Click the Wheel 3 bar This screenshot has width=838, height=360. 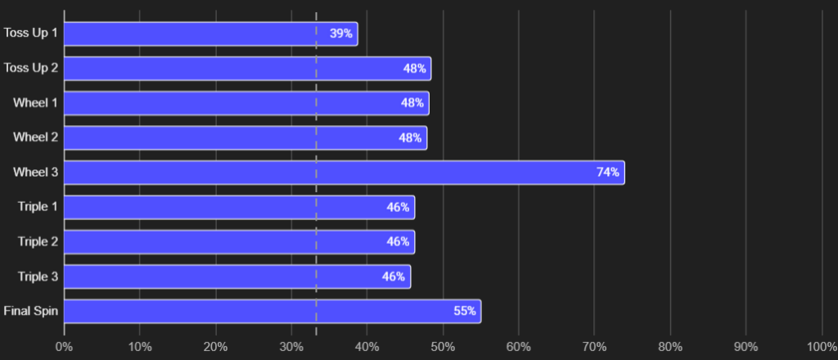345,173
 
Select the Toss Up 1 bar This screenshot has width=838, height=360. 210,34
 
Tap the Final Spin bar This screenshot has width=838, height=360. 273,312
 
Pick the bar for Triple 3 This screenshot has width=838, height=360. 237,277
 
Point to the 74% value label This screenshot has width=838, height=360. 608,173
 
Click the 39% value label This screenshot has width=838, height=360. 341,34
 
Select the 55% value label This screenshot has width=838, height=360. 465,312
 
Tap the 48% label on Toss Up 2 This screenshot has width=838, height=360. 415,69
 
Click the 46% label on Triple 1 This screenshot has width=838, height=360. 398,207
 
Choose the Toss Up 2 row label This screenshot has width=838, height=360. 30,69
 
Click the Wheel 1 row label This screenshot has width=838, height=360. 35,102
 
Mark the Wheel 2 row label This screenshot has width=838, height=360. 35,137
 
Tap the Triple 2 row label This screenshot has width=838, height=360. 38,241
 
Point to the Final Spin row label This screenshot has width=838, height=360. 30,311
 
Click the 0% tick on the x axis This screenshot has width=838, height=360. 64,347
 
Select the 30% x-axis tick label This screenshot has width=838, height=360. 291,347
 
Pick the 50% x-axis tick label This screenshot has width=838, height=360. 443,347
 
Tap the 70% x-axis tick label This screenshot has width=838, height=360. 594,347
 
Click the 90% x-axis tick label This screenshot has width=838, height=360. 746,347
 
